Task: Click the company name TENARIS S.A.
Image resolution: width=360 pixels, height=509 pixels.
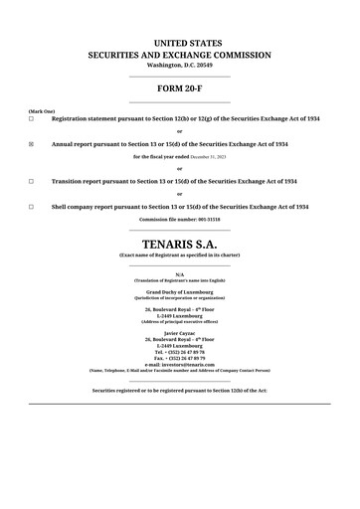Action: point(180,243)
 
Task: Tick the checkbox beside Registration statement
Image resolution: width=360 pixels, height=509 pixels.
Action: point(31,119)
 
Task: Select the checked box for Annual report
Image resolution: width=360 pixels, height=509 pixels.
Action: point(31,144)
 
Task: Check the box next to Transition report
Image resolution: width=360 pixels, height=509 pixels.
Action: point(31,182)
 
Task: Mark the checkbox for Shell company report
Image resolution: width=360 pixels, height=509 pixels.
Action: point(31,207)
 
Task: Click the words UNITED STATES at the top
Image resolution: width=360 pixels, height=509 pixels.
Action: point(180,43)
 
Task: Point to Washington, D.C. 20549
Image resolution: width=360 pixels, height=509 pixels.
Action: point(180,65)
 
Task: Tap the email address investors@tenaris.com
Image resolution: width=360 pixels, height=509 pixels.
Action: point(180,364)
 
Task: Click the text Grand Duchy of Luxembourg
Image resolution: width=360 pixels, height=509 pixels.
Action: point(180,292)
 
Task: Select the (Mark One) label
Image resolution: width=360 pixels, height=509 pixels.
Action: point(42,111)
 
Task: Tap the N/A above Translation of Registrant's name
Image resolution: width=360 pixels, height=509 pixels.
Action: point(180,273)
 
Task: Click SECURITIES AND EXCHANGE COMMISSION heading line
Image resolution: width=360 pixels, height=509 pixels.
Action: point(180,55)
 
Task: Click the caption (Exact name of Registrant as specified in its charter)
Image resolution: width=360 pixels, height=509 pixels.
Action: point(180,255)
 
